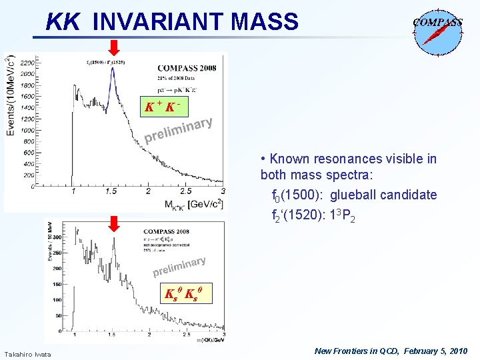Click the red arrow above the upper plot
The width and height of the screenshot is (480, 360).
114,47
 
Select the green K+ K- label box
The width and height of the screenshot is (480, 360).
163,107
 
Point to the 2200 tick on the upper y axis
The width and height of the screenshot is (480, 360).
28,63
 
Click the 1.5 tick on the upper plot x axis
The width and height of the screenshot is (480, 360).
111,191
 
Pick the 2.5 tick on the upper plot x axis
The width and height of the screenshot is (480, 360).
186,191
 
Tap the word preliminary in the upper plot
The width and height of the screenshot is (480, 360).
179,131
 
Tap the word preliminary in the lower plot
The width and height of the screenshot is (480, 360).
179,267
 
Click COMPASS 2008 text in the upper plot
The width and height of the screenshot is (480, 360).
187,67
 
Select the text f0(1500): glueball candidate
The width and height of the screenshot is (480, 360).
354,195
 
